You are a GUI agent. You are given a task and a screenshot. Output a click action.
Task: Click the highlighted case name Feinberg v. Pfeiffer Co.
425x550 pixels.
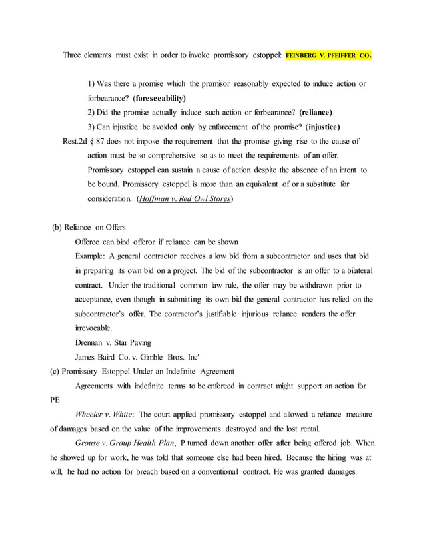pyautogui.click(x=327, y=57)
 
